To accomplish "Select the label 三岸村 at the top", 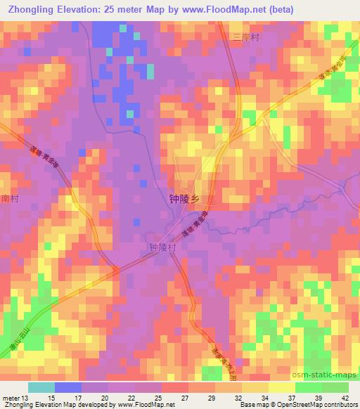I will click(246, 38).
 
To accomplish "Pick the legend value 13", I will click(26, 398).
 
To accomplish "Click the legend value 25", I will click(157, 398).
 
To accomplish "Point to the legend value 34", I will click(265, 398).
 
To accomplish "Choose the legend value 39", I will click(317, 398).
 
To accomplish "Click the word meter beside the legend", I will click(10, 398).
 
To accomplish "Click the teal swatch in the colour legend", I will click(41, 387).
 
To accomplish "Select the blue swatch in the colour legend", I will click(67, 387).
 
